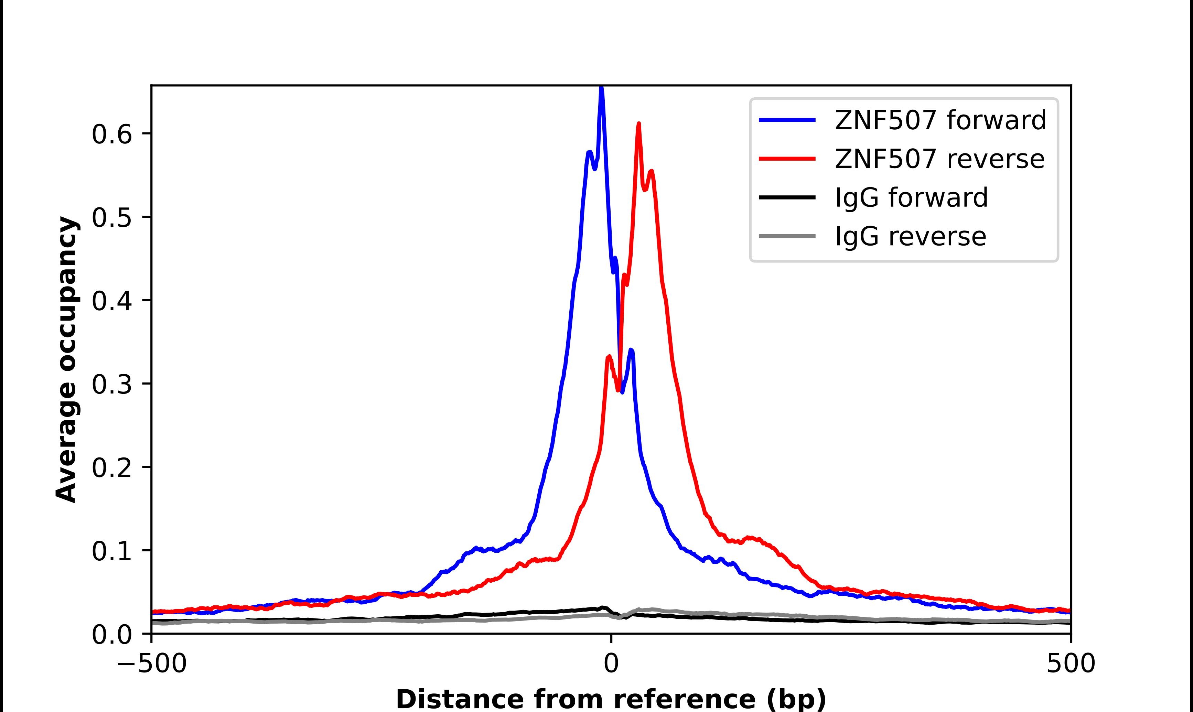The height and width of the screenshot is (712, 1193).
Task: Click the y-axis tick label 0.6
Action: point(111,134)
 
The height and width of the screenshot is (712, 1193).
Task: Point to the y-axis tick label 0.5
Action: point(111,218)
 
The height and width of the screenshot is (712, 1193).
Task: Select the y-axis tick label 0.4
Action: point(111,301)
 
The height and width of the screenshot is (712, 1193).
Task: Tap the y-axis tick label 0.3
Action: point(111,384)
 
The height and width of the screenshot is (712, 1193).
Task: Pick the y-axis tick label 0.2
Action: point(111,468)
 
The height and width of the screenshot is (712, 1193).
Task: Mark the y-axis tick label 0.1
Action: point(111,551)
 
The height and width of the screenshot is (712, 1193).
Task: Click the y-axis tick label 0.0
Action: point(111,635)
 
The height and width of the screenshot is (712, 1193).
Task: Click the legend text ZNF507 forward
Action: point(940,120)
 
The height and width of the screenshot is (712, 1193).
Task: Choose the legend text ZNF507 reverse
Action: point(939,159)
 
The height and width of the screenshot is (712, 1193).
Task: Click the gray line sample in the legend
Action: point(787,236)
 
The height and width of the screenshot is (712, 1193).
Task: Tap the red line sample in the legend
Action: point(787,159)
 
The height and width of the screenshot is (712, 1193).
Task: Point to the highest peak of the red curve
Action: point(639,124)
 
